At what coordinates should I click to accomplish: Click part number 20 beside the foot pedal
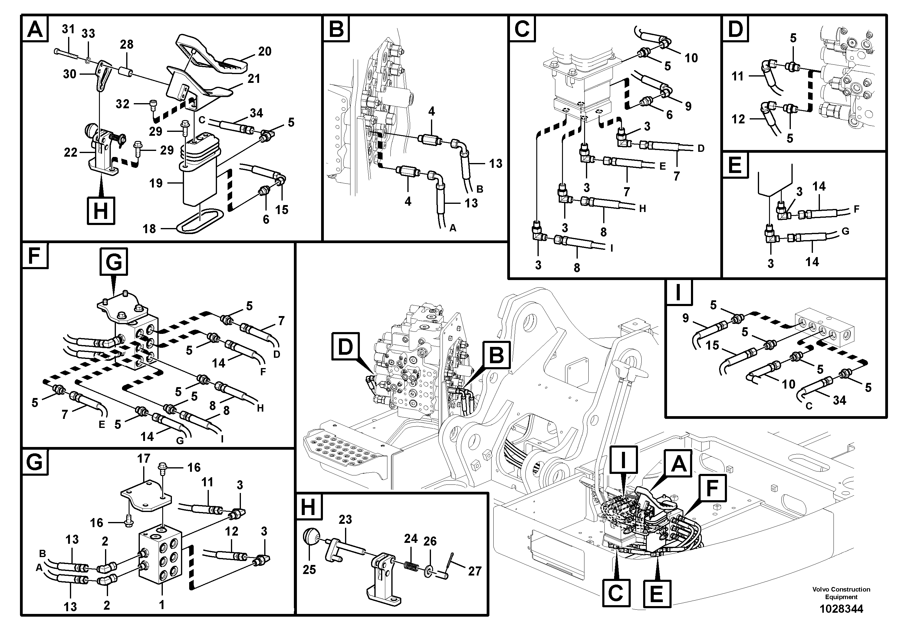point(265,51)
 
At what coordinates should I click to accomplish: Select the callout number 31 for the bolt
point(68,29)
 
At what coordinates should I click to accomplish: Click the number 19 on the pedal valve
point(156,183)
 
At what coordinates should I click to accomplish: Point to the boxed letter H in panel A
point(101,211)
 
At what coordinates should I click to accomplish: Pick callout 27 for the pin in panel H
point(475,571)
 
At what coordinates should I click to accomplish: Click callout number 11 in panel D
point(738,76)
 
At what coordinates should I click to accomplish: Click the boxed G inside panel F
point(114,262)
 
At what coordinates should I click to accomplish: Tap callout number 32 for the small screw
point(123,104)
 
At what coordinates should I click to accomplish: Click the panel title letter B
point(336,29)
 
